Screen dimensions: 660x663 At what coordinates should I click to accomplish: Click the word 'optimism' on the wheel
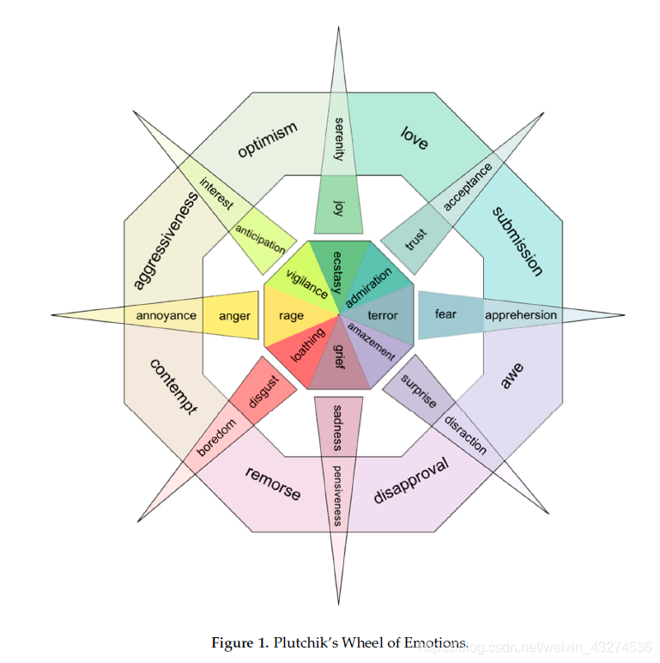267,140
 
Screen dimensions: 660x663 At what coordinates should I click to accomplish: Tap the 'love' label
415,137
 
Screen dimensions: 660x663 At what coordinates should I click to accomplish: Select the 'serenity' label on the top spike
339,139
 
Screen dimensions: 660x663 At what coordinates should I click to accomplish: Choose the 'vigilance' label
306,283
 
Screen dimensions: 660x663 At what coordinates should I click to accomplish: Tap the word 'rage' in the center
291,316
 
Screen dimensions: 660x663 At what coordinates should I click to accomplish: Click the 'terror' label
383,316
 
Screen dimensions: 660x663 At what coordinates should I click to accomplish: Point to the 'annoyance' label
166,316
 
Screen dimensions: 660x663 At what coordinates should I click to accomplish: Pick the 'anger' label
234,316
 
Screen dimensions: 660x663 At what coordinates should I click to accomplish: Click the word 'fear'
445,314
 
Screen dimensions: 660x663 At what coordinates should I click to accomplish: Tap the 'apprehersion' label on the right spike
520,315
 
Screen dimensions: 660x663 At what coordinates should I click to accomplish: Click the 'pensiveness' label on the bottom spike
337,496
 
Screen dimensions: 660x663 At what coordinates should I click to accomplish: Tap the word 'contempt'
173,387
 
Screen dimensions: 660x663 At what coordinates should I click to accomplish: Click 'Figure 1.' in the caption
239,643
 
